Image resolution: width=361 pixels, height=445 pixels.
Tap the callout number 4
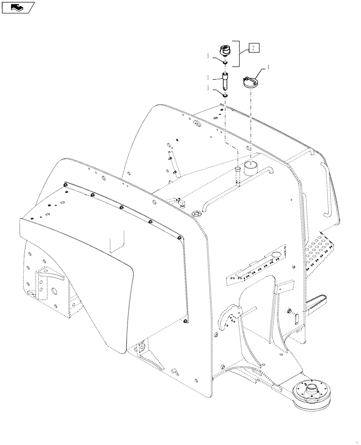point(269,68)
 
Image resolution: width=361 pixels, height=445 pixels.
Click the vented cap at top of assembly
point(226,50)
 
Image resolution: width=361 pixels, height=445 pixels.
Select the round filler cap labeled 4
point(249,83)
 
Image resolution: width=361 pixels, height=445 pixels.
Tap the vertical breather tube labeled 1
point(225,81)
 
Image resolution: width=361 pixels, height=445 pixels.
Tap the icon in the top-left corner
point(17,7)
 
